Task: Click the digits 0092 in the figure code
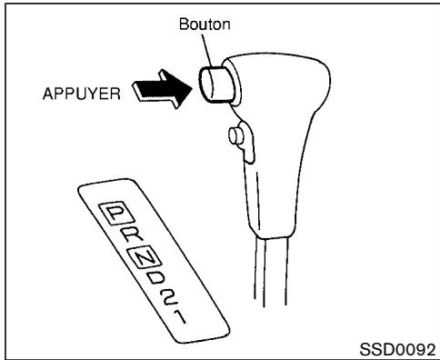pos(415,347)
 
